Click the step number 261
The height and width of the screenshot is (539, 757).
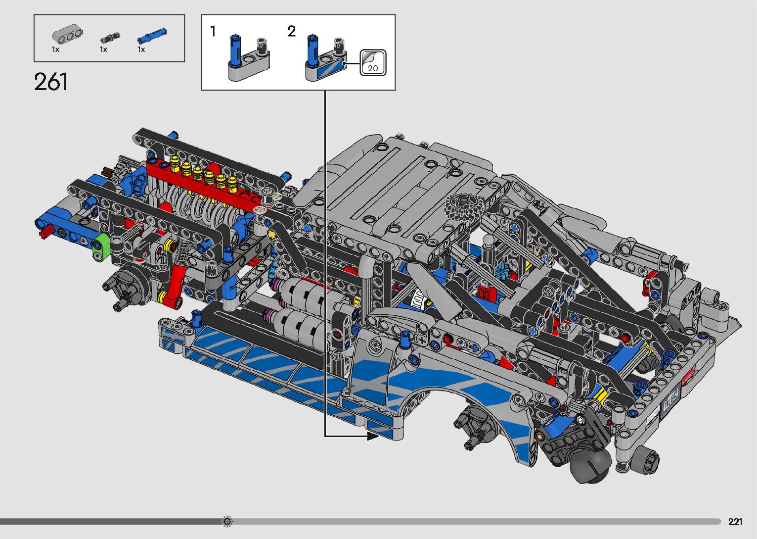click(x=51, y=82)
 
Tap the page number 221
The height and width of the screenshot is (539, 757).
click(x=735, y=521)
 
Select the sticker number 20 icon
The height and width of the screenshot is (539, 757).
click(x=373, y=62)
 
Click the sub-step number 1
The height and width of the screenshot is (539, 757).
click(x=213, y=31)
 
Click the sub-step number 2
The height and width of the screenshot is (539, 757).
click(x=292, y=31)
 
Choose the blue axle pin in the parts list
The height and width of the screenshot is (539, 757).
click(x=152, y=36)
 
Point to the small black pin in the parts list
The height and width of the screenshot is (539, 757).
click(x=110, y=38)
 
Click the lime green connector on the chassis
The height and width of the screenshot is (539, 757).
click(x=101, y=248)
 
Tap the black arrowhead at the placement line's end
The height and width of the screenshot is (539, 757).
click(x=373, y=437)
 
